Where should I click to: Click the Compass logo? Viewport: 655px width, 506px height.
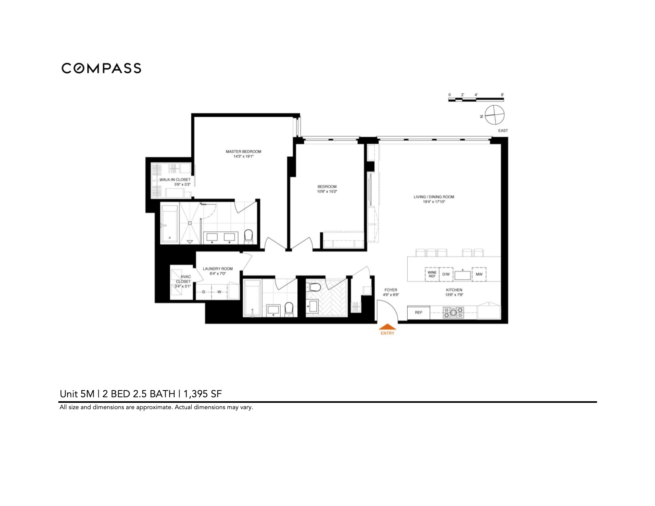(101, 68)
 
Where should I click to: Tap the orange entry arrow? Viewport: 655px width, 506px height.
(387, 327)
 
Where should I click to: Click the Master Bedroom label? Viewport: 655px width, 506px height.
(243, 154)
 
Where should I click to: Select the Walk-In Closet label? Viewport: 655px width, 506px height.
(175, 182)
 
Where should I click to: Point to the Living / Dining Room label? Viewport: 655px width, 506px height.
(434, 199)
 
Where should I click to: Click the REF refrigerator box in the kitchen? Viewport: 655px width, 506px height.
(418, 312)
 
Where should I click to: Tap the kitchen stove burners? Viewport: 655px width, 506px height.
(453, 312)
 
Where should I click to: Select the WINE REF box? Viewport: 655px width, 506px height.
(432, 274)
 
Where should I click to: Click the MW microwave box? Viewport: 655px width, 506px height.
(479, 274)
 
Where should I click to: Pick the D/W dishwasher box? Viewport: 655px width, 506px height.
(446, 274)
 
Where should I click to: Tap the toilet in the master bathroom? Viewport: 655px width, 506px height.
(249, 236)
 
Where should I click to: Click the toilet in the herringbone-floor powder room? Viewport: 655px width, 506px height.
(316, 287)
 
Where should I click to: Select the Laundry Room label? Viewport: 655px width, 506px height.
(218, 271)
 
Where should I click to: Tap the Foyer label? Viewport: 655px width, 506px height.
(391, 292)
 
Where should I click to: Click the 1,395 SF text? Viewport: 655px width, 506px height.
(202, 394)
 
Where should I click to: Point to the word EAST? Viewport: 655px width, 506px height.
(503, 131)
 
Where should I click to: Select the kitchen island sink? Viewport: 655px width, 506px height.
(462, 274)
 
